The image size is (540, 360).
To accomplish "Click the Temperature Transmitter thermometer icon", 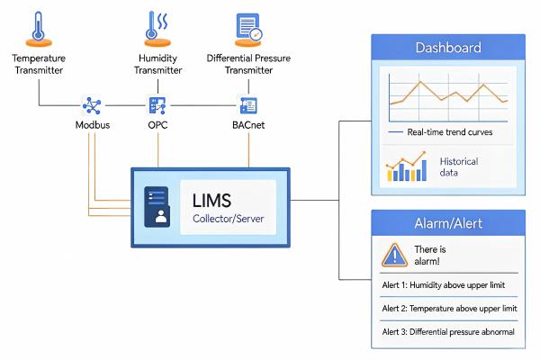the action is click(39, 29).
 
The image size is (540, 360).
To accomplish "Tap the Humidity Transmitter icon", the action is click(157, 29).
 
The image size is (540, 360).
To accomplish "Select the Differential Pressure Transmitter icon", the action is click(248, 30).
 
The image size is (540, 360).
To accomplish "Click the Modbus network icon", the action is click(92, 105).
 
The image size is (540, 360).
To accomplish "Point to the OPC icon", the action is click(157, 105).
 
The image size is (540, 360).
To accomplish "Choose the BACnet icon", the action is click(248, 105).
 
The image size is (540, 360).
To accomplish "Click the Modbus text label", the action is click(93, 125).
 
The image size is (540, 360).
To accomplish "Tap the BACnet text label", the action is click(248, 125).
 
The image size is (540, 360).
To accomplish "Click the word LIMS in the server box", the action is click(211, 201).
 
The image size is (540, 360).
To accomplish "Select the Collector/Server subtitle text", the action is click(229, 219).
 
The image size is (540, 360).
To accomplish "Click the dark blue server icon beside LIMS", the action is click(157, 207).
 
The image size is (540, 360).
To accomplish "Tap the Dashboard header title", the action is click(448, 48).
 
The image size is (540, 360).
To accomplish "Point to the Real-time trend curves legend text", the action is click(450, 132).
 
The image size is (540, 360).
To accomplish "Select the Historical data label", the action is click(459, 166).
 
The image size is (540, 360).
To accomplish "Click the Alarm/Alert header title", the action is click(448, 223).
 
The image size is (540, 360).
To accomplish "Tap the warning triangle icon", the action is click(395, 255).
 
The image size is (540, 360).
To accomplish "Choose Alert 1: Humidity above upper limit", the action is click(444, 285).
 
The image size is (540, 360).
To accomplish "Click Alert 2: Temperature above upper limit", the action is click(449, 309).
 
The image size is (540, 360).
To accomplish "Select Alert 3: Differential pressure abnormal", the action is click(448, 332).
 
